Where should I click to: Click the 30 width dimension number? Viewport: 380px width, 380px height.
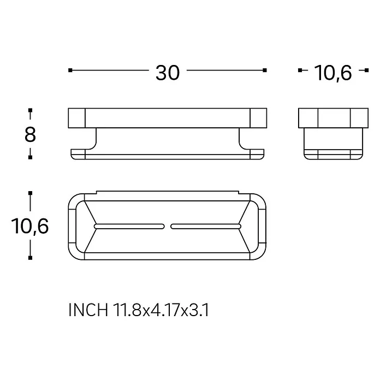[168, 73]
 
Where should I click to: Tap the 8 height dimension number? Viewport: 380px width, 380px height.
[30, 135]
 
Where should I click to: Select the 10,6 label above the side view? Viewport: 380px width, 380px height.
[333, 73]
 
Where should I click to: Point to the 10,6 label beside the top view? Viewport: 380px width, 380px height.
[30, 226]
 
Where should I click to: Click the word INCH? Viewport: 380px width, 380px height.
[88, 310]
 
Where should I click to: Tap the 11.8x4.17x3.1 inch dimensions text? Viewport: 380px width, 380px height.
[161, 310]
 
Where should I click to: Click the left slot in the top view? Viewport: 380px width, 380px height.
[129, 227]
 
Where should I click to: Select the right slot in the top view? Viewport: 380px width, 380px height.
[206, 227]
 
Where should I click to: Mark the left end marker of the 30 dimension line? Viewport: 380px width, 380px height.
[70, 70]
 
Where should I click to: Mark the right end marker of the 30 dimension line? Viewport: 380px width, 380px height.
[265, 70]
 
